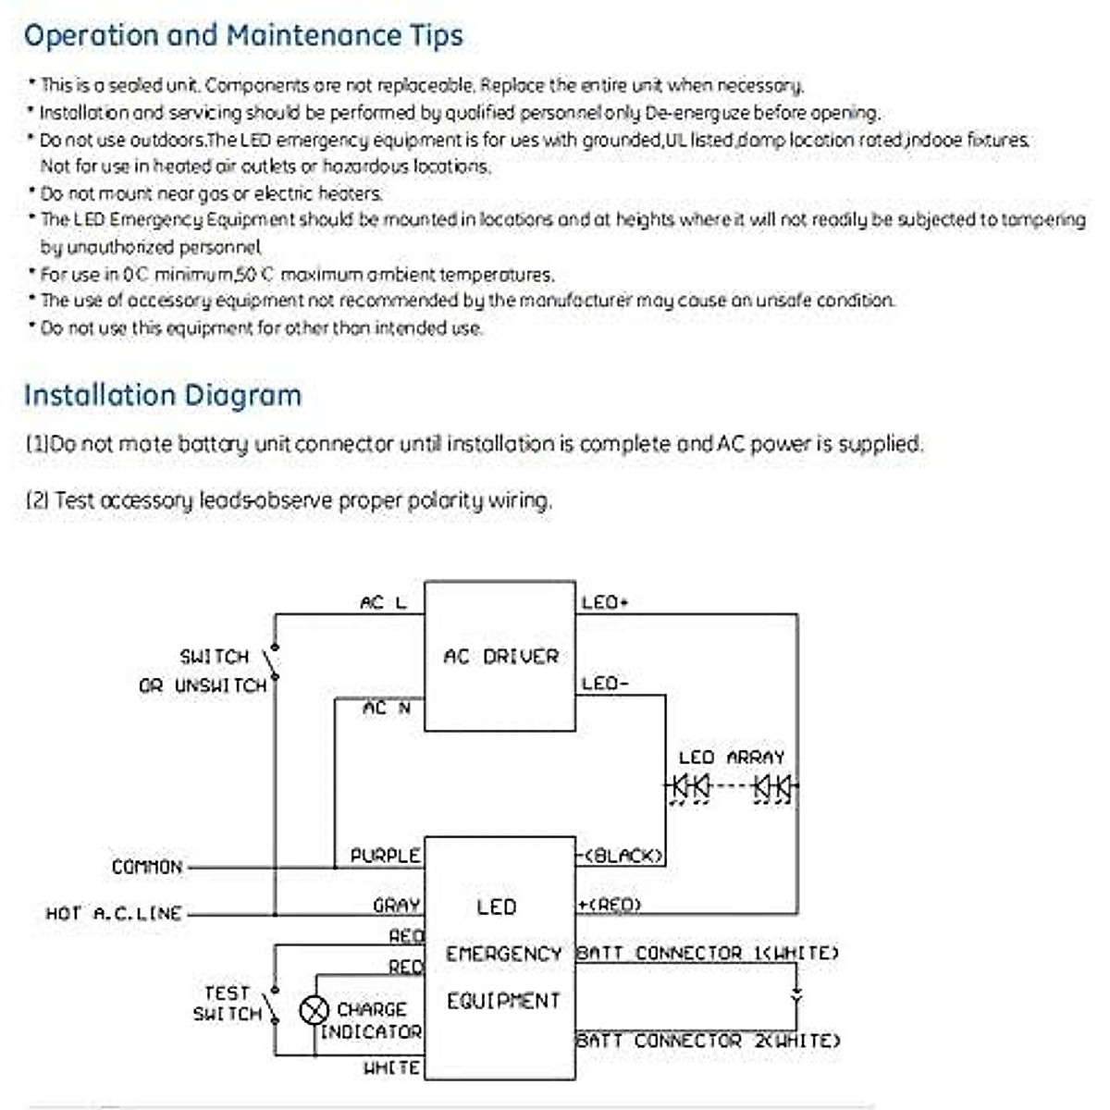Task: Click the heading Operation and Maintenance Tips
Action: tap(243, 36)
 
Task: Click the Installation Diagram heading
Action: tap(163, 395)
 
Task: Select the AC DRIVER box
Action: tap(499, 656)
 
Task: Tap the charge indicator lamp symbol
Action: tap(314, 1009)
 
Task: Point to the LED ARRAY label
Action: tap(731, 758)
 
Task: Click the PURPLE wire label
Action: tap(385, 857)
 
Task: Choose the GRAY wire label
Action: tap(397, 906)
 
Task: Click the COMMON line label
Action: tap(147, 868)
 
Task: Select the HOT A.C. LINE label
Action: tap(114, 914)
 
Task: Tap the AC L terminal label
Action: tap(383, 603)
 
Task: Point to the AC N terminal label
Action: tap(387, 709)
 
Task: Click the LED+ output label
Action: tap(605, 603)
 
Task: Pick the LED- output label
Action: tap(605, 684)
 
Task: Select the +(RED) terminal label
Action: tap(610, 905)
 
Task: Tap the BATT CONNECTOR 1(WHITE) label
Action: tap(708, 953)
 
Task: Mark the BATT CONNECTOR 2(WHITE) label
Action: tap(709, 1041)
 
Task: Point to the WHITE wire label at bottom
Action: tap(392, 1068)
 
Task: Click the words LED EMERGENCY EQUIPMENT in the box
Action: tap(502, 954)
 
